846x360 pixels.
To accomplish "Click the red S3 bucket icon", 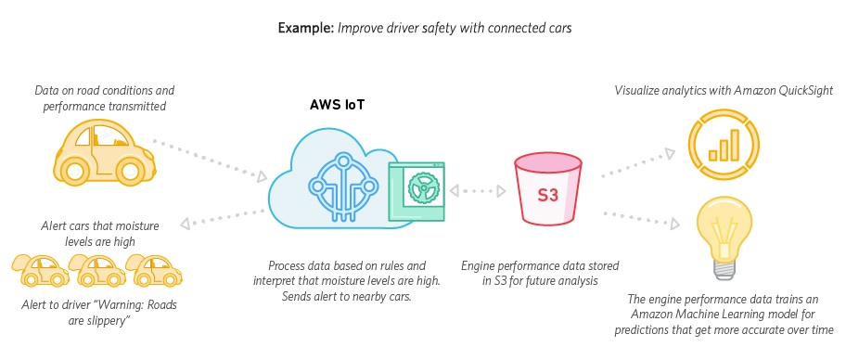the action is coord(547,188).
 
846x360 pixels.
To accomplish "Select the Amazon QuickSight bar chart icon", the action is coord(724,143).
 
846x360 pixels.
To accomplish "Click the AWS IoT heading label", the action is coord(337,105).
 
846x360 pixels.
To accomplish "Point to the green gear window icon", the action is coord(417,192).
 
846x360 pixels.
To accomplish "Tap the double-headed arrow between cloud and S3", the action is coord(478,190).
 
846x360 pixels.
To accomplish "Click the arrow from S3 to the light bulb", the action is coord(641,218).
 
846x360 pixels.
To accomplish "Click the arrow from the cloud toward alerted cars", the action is coord(223,217).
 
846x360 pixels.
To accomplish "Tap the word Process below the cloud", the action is coord(288,265).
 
